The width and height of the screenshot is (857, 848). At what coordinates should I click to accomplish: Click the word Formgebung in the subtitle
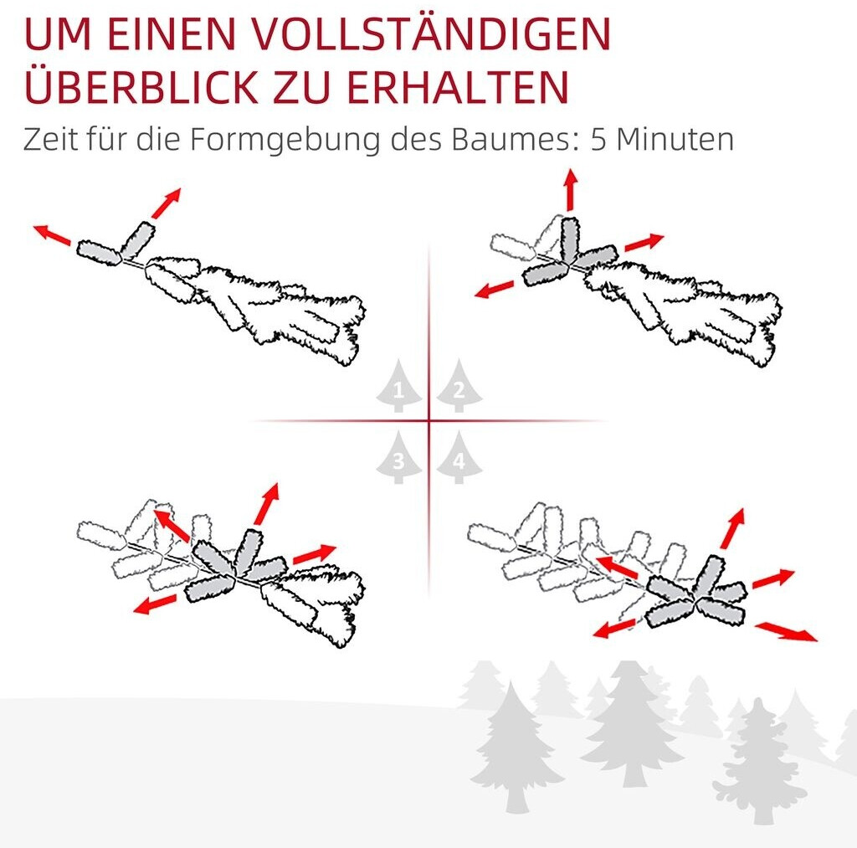pyautogui.click(x=285, y=140)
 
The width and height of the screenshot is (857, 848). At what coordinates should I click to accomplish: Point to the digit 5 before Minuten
pyautogui.click(x=598, y=140)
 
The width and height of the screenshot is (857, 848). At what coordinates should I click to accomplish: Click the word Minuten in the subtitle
pyautogui.click(x=675, y=140)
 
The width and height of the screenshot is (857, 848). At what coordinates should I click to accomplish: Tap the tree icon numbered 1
pyautogui.click(x=398, y=386)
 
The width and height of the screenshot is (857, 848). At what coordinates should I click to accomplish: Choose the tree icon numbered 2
pyautogui.click(x=459, y=386)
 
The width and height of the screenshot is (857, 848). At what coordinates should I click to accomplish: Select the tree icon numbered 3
pyautogui.click(x=398, y=458)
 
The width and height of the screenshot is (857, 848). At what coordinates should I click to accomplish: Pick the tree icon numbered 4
pyautogui.click(x=459, y=458)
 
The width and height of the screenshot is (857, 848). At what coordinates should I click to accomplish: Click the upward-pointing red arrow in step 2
pyautogui.click(x=571, y=190)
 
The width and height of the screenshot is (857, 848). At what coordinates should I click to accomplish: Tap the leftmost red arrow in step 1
pyautogui.click(x=52, y=234)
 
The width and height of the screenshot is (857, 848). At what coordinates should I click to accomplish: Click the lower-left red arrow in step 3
pyautogui.click(x=155, y=604)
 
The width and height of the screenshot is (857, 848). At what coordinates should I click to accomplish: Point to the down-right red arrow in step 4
pyautogui.click(x=786, y=631)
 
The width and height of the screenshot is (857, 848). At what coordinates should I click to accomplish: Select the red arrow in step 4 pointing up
pyautogui.click(x=732, y=528)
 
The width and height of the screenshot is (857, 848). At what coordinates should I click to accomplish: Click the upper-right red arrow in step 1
pyautogui.click(x=166, y=203)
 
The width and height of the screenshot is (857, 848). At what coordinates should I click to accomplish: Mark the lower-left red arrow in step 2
pyautogui.click(x=495, y=289)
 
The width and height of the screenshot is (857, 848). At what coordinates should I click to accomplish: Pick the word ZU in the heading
pyautogui.click(x=301, y=86)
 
